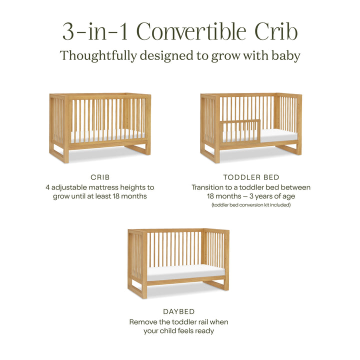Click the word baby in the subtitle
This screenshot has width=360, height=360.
click(x=285, y=55)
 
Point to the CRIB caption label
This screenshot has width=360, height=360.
click(x=100, y=177)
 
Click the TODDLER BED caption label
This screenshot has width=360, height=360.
click(x=251, y=177)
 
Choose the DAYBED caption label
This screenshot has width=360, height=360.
click(x=178, y=311)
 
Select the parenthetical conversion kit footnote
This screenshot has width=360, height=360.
click(x=251, y=205)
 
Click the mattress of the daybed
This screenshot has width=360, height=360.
click(x=185, y=271)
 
